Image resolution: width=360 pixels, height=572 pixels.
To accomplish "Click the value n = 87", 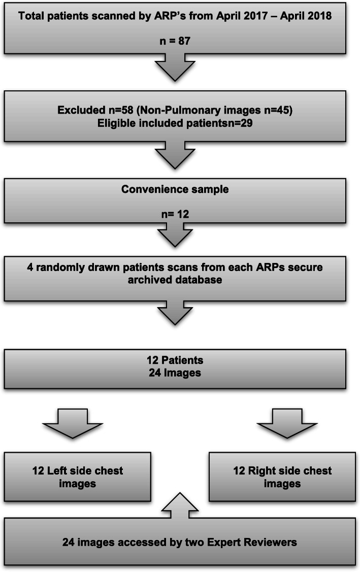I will [x=174, y=41].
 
